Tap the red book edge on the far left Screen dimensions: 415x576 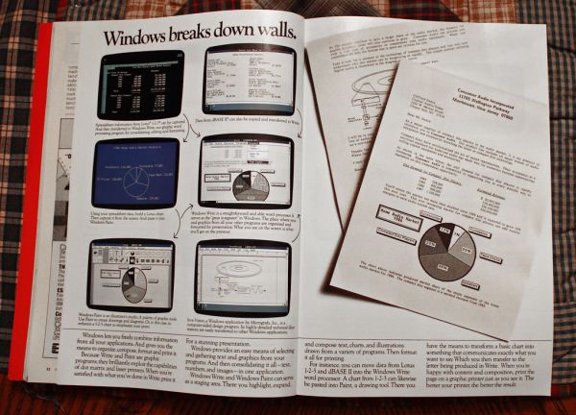(x=41, y=192)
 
